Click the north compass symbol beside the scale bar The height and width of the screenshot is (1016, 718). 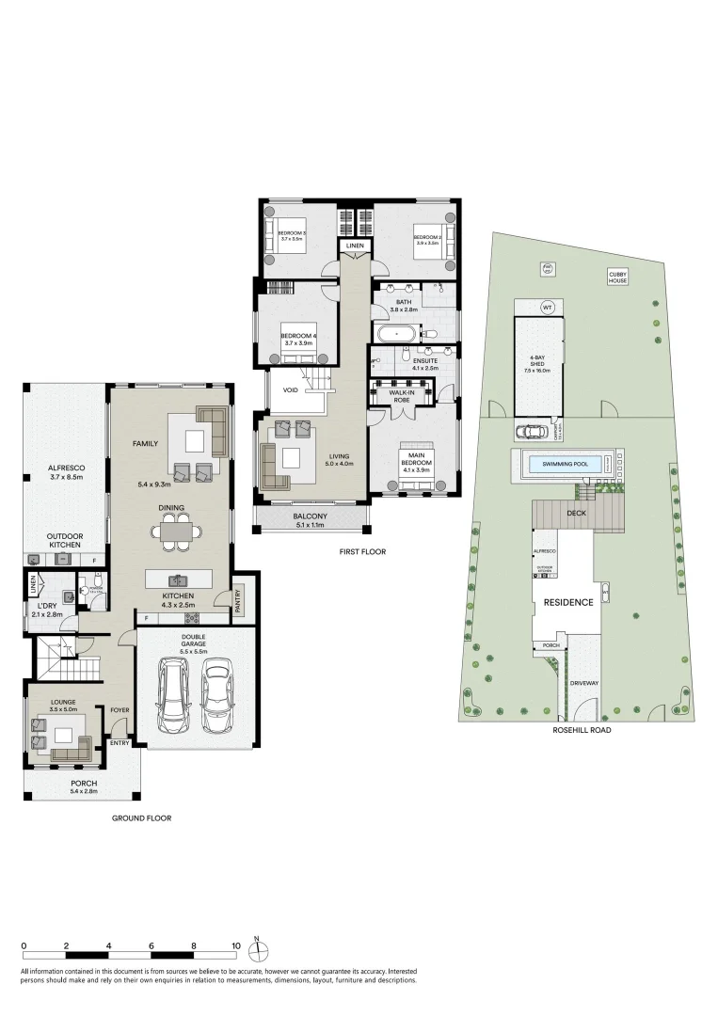pos(263,946)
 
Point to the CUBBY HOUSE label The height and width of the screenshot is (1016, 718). pos(617,277)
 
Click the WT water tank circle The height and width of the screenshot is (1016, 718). pos(547,308)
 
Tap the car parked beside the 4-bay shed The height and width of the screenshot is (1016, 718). pos(533,432)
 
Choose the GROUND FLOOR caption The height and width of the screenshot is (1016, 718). pos(141,818)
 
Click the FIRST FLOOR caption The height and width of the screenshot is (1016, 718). pos(362,551)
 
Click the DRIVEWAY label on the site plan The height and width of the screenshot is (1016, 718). pos(583,684)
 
